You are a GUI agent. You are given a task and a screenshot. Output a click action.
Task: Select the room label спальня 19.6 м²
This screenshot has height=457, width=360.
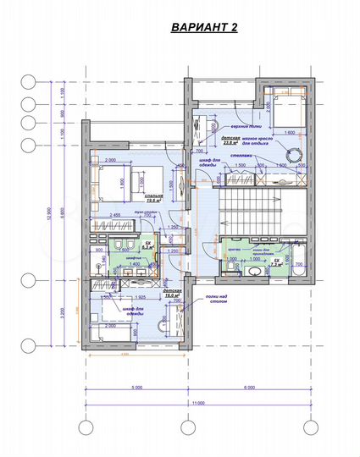[153, 200]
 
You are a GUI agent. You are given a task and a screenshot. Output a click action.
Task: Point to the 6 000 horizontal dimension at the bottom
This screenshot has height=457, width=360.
[248, 388]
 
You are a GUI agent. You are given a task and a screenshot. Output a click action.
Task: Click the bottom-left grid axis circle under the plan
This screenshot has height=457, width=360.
[84, 427]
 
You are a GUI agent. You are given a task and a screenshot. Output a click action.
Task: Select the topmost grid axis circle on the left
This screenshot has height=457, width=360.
[28, 82]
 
